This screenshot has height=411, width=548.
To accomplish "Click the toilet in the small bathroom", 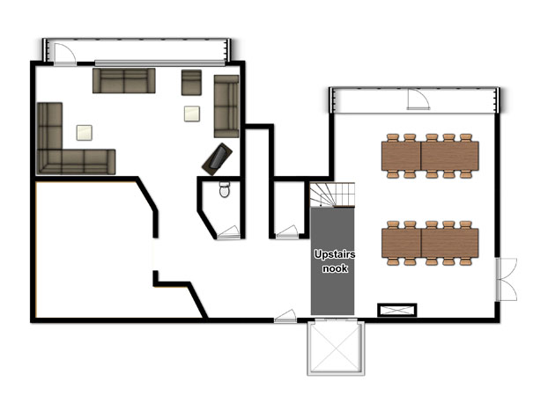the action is tap(225, 189).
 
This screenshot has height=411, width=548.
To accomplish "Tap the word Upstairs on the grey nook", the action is tap(335, 254).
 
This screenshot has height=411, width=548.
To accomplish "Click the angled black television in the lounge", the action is tap(217, 159).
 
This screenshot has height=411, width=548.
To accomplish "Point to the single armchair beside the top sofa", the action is tap(191, 83).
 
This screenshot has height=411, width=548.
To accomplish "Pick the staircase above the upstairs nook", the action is tap(332, 194).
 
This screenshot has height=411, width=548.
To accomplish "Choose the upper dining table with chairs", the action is tap(430, 156).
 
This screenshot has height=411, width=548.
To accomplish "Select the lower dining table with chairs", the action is tap(430, 243).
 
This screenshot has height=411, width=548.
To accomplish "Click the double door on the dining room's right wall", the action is tap(506, 279).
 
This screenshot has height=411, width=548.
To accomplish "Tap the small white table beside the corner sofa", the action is tap(85, 133).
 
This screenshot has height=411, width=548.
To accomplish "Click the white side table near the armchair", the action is tap(192, 114).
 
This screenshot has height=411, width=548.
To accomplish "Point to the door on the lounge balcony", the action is tap(64, 55).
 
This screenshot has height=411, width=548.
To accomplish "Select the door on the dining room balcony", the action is tap(418, 99).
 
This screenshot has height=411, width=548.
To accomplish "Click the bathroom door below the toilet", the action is tap(228, 232).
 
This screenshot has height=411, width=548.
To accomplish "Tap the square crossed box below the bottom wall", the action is tap(336, 348).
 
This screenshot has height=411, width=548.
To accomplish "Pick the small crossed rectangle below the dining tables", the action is tap(397, 310).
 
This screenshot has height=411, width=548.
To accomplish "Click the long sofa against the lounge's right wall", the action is tap(226, 106).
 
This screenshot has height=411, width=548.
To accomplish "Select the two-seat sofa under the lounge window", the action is tap(124, 81).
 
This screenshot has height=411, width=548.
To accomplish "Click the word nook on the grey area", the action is tap(335, 268).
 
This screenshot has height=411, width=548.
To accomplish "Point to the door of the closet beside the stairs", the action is tap(287, 232).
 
